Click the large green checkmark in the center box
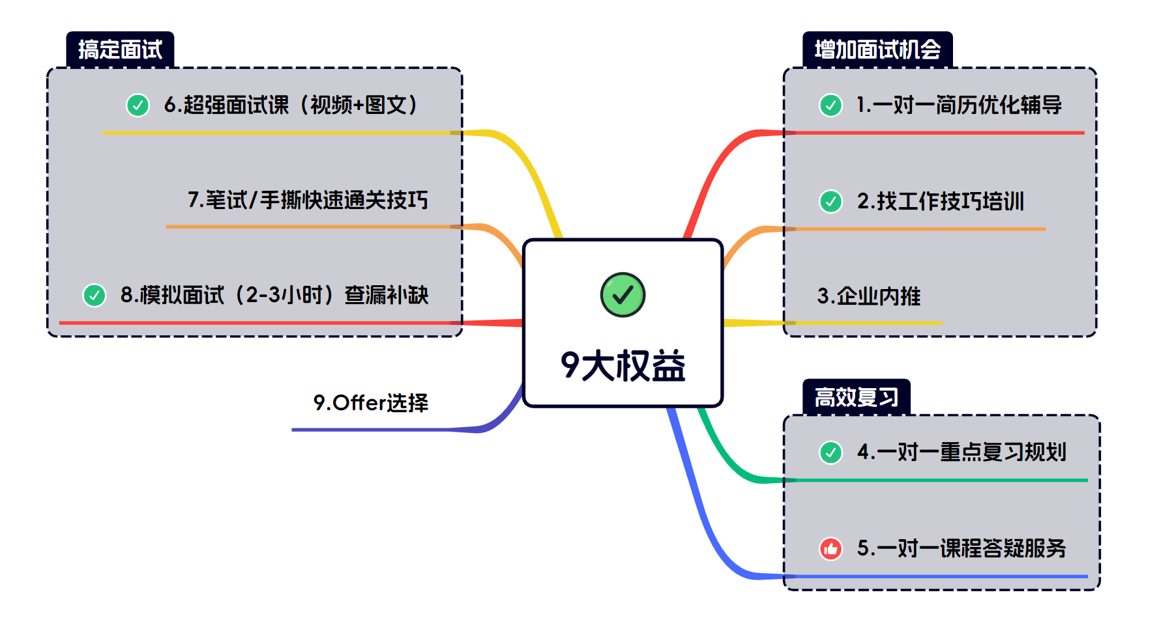click(x=623, y=295)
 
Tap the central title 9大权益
click(x=623, y=365)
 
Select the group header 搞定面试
click(x=120, y=49)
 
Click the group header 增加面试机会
click(x=877, y=49)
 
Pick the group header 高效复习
click(x=857, y=397)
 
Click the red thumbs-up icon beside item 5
click(x=830, y=549)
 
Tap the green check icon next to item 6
click(x=138, y=105)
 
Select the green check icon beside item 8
click(x=95, y=295)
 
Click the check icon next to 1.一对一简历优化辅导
click(x=830, y=105)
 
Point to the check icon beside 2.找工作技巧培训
click(x=830, y=201)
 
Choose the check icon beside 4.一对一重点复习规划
click(x=830, y=452)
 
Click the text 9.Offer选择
click(x=371, y=403)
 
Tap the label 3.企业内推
click(x=869, y=296)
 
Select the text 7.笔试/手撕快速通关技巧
click(x=308, y=200)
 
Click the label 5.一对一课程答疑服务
click(x=961, y=548)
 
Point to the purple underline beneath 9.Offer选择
click(x=385, y=430)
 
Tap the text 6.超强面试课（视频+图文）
click(x=291, y=105)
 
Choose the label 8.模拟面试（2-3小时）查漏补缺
click(x=274, y=295)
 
